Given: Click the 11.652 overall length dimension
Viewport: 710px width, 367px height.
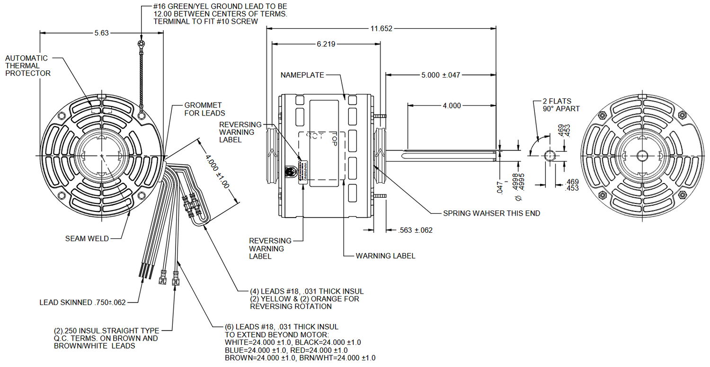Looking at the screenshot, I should pyautogui.click(x=381, y=28).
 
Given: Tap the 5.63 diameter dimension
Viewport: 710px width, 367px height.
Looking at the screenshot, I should pyautogui.click(x=102, y=33).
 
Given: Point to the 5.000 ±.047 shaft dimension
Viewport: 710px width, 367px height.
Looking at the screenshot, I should pyautogui.click(x=441, y=75).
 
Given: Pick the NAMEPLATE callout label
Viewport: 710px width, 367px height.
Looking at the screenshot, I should pyautogui.click(x=302, y=75).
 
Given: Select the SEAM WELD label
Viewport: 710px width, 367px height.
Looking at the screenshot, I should pyautogui.click(x=87, y=238).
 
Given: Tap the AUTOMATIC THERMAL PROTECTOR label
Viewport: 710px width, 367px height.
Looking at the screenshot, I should pyautogui.click(x=28, y=66).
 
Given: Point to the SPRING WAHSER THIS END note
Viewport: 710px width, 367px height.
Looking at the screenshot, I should pyautogui.click(x=491, y=213).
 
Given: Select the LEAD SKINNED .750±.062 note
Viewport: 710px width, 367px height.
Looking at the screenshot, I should pyautogui.click(x=83, y=302).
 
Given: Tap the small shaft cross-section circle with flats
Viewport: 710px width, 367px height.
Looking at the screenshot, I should pyautogui.click(x=550, y=155).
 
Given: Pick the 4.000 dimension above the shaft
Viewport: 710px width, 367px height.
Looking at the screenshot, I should pyautogui.click(x=452, y=105).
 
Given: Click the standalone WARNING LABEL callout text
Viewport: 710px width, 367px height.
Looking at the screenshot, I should pyautogui.click(x=385, y=256).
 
